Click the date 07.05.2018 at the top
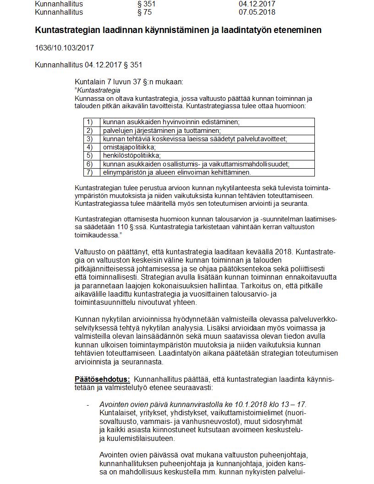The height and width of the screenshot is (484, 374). tap(257, 12)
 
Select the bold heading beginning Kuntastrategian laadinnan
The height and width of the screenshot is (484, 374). tap(178, 30)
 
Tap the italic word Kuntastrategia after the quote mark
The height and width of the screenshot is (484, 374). tap(99, 90)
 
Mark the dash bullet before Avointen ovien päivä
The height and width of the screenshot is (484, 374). tap(88, 405)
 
